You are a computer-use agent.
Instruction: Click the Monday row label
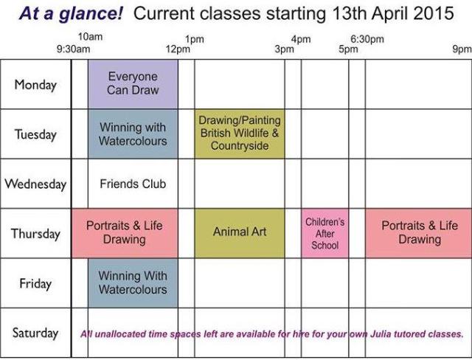35,85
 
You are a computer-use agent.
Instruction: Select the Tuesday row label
35,134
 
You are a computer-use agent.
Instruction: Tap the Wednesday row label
35,184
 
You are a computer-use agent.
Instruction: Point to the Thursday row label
35,234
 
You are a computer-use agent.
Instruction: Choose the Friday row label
35,283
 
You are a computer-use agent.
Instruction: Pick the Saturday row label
35,333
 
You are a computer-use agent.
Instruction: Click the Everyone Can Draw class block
133,84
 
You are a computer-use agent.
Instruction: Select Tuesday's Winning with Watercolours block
133,134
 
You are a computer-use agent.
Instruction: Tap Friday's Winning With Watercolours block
133,283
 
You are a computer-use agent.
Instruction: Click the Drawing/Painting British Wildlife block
240,134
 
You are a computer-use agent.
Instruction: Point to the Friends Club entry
133,184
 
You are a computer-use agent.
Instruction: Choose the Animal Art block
240,232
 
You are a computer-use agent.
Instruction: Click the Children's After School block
324,234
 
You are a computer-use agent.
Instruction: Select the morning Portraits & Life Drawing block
124,233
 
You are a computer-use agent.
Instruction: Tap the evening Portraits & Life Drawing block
419,233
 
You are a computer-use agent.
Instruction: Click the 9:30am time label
73,49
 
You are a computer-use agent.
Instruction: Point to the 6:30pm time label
367,39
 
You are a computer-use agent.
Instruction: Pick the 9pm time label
462,49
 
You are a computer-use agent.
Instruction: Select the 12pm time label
178,49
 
